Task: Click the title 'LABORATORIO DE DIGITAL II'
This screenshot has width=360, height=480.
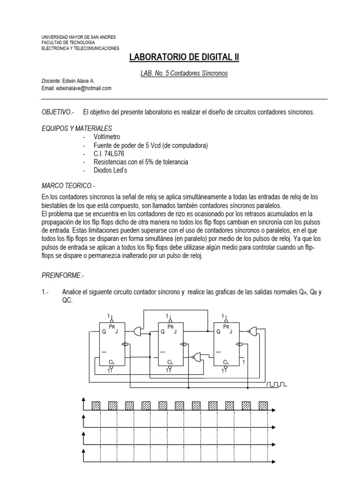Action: click(184, 57)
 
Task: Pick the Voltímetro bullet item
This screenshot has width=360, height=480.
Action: click(107, 136)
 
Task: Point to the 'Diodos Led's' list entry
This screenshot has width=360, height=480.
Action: click(110, 170)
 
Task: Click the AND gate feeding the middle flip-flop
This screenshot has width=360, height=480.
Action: click(139, 331)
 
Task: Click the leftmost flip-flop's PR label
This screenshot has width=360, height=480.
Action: click(112, 326)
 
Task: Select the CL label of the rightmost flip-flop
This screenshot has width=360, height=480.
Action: click(227, 362)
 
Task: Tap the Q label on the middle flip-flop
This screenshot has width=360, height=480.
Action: click(163, 331)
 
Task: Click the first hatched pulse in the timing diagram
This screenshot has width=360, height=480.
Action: click(96, 405)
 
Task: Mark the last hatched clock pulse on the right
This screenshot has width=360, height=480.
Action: click(263, 405)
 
